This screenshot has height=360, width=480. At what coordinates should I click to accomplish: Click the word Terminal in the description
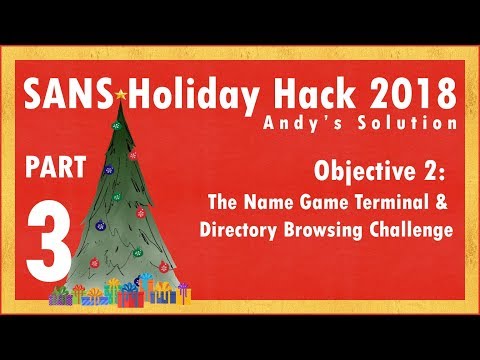pyautogui.click(x=380, y=200)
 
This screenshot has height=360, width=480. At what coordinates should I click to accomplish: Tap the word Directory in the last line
pyautogui.click(x=239, y=226)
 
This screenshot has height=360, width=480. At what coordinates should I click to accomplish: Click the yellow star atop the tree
pyautogui.click(x=122, y=94)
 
